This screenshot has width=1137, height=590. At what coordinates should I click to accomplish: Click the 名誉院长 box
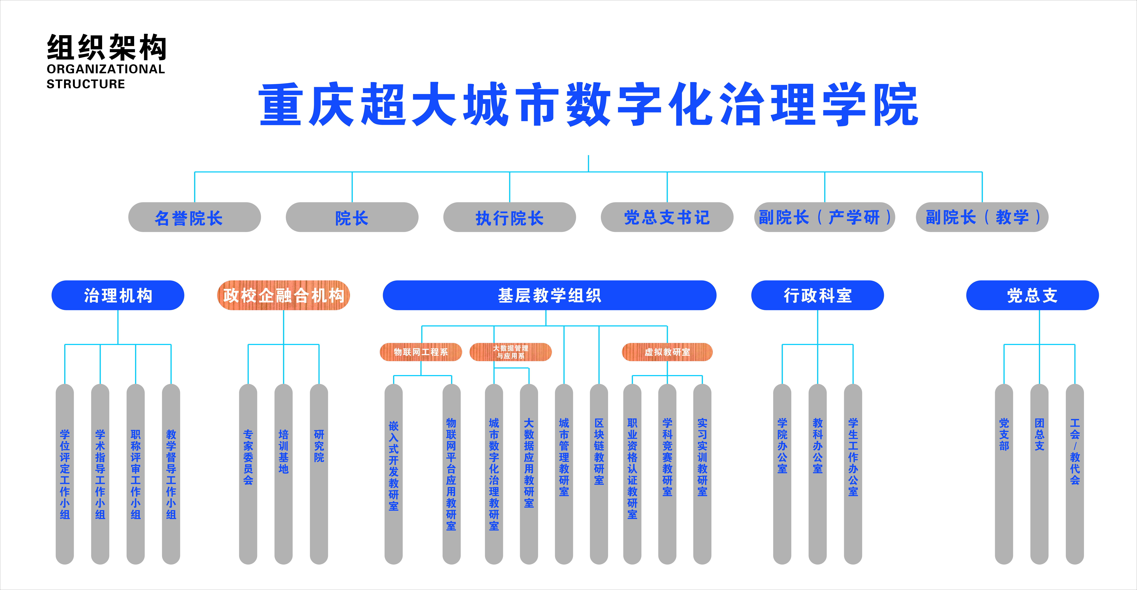tap(194, 217)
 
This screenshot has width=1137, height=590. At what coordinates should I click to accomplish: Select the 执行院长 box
tap(509, 217)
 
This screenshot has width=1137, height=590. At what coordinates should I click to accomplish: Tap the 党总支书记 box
tap(667, 217)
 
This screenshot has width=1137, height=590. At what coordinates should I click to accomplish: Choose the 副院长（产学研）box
tap(825, 217)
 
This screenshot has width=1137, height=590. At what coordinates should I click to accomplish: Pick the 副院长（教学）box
tap(982, 217)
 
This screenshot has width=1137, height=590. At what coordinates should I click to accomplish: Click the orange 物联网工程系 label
tap(421, 352)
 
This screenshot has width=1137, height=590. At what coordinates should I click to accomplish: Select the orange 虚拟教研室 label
tap(667, 352)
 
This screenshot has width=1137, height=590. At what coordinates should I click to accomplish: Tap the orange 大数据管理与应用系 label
tap(511, 352)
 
